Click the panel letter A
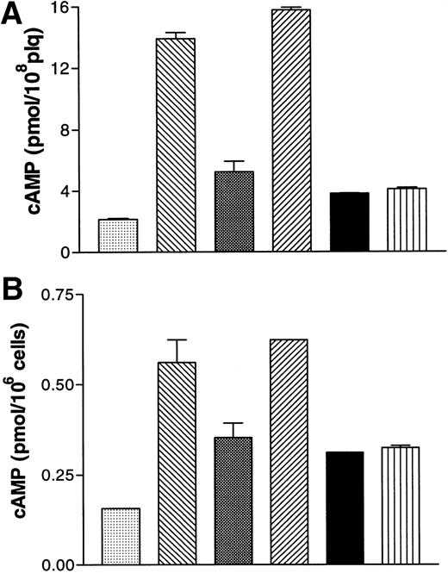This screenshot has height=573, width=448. point(15,17)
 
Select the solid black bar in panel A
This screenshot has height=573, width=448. point(349,223)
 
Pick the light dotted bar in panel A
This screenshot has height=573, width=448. point(118,236)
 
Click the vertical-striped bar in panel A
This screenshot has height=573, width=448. point(407,221)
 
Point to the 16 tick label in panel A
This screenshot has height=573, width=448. point(63,9)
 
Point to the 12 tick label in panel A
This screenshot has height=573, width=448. point(63,69)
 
